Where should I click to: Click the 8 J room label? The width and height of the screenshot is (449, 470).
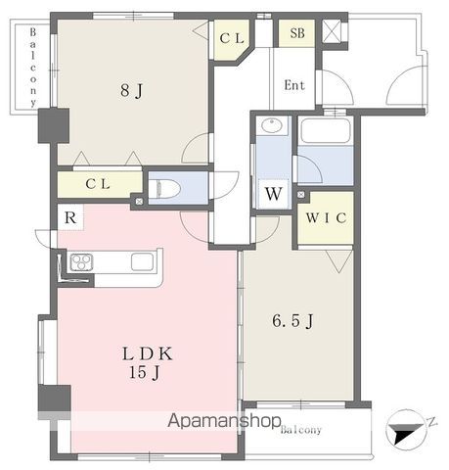coord(132,90)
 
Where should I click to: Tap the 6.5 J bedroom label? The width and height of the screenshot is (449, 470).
coord(292,320)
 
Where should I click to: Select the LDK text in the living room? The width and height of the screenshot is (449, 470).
coord(148,353)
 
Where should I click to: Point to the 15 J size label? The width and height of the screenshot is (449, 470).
coord(145,372)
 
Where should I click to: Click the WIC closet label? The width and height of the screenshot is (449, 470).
coord(326,217)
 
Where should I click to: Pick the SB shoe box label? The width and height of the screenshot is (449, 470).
coord(297,33)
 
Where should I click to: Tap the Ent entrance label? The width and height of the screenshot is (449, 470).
coord(294,85)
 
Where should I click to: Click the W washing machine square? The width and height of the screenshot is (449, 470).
coord(274,194)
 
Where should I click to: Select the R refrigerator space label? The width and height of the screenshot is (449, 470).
coord(70,217)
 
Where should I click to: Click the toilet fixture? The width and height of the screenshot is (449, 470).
coord(164,189)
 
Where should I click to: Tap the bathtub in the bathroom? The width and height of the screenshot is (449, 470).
coord(325,130)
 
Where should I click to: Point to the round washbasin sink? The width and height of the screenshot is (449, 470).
coord(272,125)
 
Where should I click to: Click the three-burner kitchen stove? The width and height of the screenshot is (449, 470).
coord(81,262)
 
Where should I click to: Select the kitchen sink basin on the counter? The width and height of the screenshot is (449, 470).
coord(143,261)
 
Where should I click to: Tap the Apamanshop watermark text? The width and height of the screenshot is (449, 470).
coord(225,421)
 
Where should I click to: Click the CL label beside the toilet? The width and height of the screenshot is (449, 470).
coord(98,184)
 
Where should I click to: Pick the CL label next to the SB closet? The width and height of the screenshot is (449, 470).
coord(232,38)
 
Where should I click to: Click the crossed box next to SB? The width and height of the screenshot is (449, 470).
coord(331,30)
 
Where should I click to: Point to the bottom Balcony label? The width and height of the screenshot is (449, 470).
coord(301,430)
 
